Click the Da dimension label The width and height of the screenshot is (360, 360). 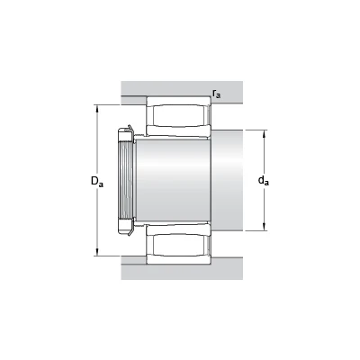(97, 182)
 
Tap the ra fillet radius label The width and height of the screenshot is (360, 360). (216, 94)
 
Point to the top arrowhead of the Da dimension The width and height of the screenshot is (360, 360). (97, 108)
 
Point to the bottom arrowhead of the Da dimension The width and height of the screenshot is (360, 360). (97, 252)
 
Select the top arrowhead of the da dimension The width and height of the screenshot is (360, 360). (264, 133)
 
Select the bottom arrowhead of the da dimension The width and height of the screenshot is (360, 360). (264, 228)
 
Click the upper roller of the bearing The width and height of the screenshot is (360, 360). (179, 115)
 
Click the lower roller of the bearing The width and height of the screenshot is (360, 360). (179, 245)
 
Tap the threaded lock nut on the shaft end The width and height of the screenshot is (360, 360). (125, 180)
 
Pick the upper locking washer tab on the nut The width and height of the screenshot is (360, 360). (130, 128)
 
